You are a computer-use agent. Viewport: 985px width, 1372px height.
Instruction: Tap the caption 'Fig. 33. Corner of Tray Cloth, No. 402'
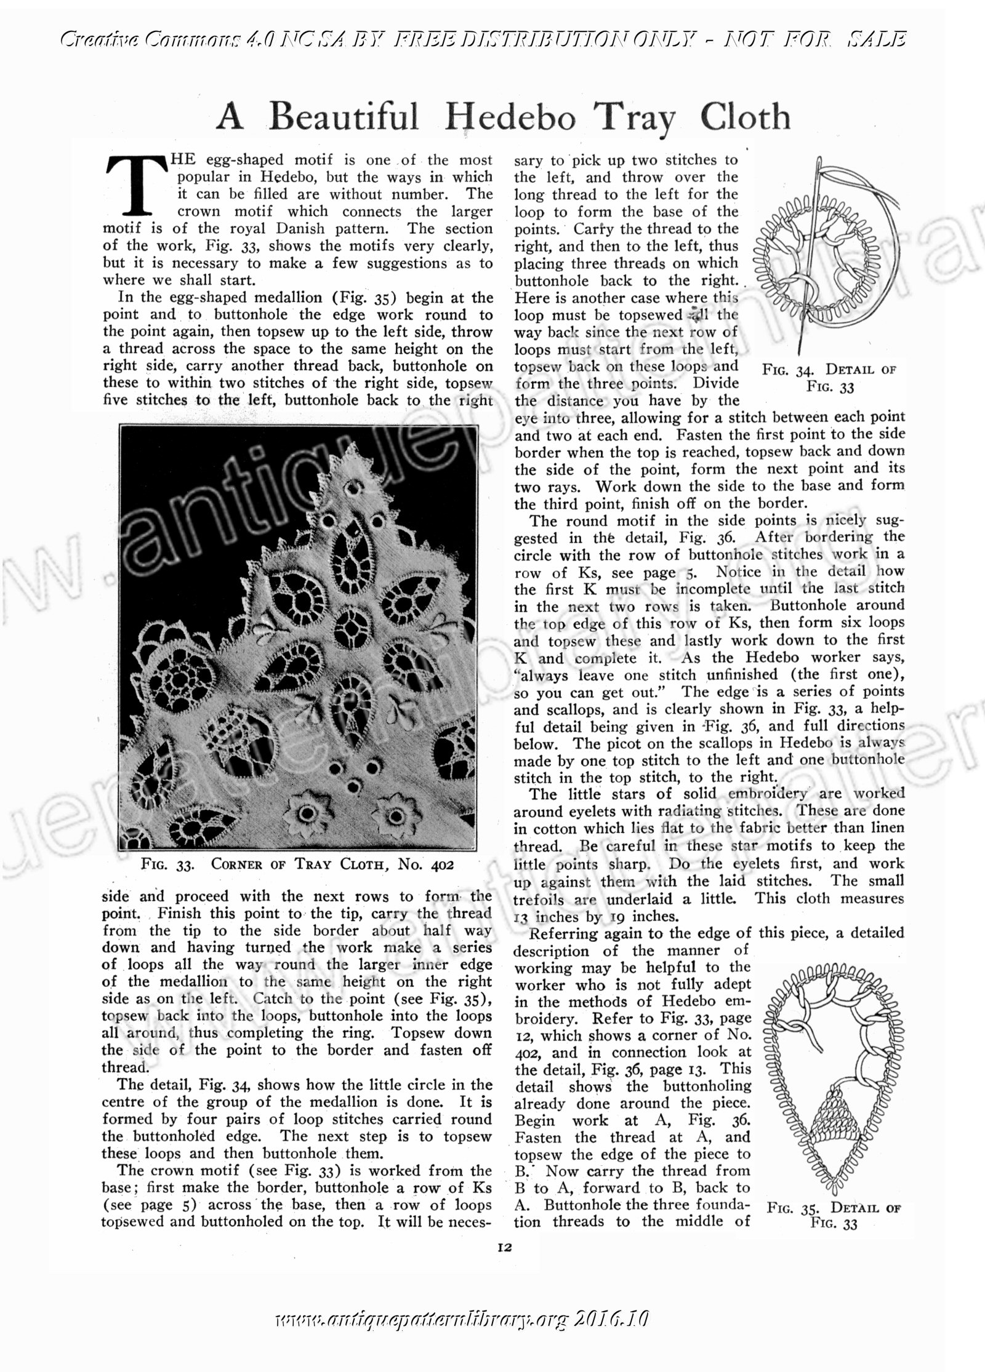click(x=297, y=864)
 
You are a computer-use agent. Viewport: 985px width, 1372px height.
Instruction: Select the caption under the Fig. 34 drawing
click(x=829, y=378)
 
